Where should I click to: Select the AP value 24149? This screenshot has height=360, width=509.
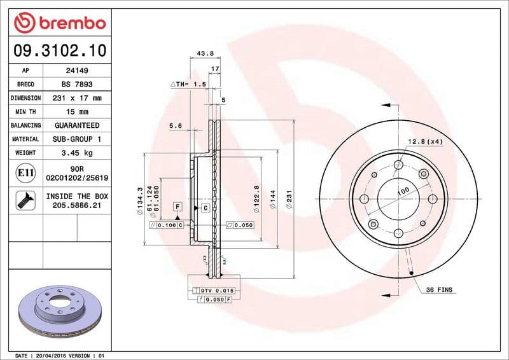point(77,71)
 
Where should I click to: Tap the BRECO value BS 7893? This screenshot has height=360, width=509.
point(77,85)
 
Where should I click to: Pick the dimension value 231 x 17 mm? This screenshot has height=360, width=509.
point(77,99)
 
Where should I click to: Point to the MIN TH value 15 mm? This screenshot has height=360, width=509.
point(77,112)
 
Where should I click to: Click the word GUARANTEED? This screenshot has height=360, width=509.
point(77,125)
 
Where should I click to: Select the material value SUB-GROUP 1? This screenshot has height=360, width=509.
point(77,139)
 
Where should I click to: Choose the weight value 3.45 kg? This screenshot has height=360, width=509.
point(77,153)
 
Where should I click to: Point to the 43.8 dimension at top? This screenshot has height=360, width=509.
point(205,53)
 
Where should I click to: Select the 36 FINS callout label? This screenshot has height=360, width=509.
point(439,290)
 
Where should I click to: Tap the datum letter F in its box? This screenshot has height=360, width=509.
point(178,206)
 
